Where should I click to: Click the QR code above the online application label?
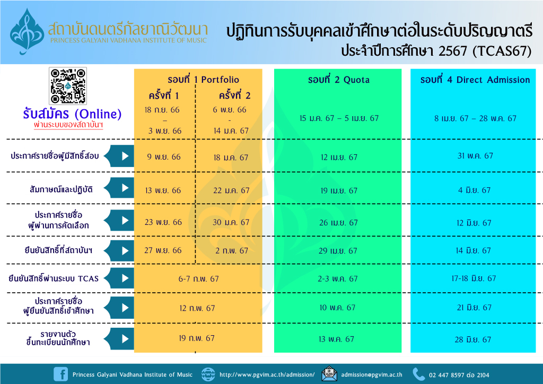68,86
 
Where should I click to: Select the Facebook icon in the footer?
61,374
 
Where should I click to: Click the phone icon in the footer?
419,374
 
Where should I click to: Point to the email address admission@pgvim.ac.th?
372,374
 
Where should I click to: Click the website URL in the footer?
267,374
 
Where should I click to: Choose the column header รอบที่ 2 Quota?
339,80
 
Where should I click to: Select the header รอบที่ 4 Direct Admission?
475,80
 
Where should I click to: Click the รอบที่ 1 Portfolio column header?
203,80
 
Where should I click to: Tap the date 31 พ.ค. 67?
475,156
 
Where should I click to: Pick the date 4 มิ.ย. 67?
475,190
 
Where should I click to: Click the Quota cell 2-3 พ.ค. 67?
338,279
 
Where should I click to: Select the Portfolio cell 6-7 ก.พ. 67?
198,279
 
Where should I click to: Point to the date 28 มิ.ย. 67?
473,339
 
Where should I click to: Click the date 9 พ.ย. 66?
164,157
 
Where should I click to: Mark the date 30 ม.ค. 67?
231,222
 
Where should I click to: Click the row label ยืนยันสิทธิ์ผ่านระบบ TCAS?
54,278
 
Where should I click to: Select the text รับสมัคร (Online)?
72,114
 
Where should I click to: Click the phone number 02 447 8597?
446,375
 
